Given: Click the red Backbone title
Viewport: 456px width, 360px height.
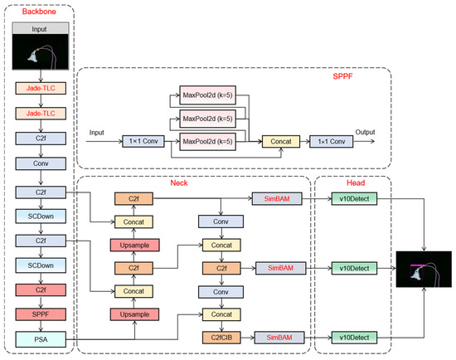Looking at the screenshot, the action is point(39,12).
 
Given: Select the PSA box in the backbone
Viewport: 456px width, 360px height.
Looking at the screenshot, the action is point(41,339).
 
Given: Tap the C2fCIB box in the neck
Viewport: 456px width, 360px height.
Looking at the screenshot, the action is point(221,338).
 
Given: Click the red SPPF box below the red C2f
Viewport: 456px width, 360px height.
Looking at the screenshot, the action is point(41,314).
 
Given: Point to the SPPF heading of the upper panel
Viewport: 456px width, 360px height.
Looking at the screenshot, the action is point(342,76).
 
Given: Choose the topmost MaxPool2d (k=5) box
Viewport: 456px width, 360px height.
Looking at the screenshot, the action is point(207,95).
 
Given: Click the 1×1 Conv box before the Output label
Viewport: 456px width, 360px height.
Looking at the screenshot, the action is point(332,142).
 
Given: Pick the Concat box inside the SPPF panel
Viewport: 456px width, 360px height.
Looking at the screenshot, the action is point(281,142).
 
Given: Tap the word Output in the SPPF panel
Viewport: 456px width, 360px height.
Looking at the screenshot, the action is point(365,132).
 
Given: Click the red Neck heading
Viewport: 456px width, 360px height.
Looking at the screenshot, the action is point(179,182).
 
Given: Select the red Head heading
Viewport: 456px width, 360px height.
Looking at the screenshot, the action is point(356,182).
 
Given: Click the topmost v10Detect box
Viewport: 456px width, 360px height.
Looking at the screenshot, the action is point(354,199).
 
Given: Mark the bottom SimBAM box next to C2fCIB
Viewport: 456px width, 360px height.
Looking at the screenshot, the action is point(279,338).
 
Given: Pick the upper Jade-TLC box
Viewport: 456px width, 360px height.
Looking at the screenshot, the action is point(41,88).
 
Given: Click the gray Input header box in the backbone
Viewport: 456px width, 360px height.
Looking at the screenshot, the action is point(41,28).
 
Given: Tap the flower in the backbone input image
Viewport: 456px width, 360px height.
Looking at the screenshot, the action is point(33,56).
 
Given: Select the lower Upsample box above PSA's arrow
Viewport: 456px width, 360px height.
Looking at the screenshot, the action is point(134,314).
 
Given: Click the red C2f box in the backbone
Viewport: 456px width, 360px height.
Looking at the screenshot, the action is point(41,289).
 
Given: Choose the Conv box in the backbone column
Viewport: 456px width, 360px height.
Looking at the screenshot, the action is point(41,163).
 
